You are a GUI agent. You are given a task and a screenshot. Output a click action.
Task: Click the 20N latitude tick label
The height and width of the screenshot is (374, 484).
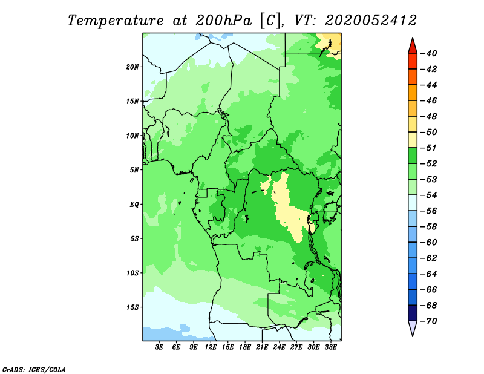click(132, 67)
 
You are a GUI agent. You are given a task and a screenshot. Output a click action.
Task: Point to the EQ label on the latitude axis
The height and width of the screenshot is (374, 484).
click(134, 205)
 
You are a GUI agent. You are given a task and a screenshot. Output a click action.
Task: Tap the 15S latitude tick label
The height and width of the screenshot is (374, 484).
click(132, 307)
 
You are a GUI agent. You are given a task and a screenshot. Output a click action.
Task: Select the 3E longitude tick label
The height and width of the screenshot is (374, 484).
click(159, 347)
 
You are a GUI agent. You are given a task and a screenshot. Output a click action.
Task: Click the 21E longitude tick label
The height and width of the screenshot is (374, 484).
click(262, 347)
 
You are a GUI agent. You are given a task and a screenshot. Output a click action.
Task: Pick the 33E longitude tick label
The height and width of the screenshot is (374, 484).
click(330, 347)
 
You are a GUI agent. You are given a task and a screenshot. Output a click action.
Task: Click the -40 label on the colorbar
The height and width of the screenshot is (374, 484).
click(428, 53)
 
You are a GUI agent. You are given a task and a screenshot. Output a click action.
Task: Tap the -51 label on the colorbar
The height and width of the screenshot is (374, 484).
click(428, 148)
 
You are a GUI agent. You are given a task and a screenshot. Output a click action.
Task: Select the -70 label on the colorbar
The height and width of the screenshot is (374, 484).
click(428, 321)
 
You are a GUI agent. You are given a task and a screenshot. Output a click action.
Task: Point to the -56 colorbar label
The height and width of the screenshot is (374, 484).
click(428, 211)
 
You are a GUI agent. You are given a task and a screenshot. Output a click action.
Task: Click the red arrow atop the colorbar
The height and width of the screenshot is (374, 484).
click(413, 46)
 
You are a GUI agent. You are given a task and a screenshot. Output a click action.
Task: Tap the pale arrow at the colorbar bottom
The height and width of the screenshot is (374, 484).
click(413, 328)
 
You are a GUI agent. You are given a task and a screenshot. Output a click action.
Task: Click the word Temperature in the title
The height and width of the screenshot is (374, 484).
click(116, 21)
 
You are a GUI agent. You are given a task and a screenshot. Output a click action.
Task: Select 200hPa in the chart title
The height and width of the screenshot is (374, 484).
click(223, 21)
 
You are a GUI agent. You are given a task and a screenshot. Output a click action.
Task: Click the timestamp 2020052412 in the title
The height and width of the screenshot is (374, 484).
click(371, 21)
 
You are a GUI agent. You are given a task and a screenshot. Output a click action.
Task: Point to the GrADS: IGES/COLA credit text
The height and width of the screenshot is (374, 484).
click(34, 369)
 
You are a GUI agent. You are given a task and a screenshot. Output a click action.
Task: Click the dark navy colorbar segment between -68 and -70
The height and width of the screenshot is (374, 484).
click(413, 313)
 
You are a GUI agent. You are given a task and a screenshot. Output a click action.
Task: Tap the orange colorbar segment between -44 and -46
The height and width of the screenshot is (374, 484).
click(413, 93)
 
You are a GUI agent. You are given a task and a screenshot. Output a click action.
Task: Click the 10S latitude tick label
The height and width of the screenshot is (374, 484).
click(132, 273)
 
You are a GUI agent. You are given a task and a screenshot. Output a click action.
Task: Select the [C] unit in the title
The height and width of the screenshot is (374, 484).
click(270, 21)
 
